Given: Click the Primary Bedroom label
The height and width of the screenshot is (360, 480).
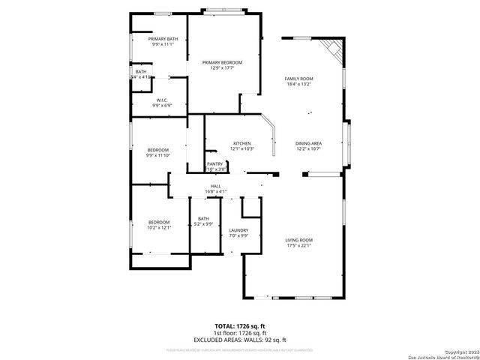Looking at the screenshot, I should [x=223, y=62].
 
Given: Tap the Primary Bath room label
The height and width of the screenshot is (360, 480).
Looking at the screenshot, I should [x=163, y=39].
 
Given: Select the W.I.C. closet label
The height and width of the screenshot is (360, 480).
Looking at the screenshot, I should [x=162, y=100].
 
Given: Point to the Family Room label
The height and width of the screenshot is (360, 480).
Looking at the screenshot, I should [x=298, y=78].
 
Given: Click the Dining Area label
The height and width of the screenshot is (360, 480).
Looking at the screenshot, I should [x=308, y=143].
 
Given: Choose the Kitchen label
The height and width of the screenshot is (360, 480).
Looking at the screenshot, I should [x=241, y=143].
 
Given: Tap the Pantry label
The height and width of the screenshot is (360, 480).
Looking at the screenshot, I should [x=215, y=163].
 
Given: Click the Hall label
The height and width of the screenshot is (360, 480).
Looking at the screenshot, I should [x=215, y=186].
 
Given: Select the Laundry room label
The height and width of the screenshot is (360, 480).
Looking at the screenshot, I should [x=238, y=230].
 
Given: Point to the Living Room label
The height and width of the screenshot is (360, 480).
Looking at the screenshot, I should [x=298, y=239].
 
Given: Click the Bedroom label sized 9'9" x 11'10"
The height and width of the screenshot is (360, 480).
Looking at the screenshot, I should [x=157, y=149].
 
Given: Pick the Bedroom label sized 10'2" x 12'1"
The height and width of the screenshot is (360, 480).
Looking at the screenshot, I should [x=159, y=222].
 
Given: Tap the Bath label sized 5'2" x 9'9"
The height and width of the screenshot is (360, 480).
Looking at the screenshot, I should [x=203, y=218].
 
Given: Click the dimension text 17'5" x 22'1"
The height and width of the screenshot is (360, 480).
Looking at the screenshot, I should [x=298, y=245].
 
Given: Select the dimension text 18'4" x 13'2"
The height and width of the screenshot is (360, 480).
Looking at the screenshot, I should [x=298, y=84].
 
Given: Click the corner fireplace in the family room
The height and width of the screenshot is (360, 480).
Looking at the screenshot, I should [x=333, y=50].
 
